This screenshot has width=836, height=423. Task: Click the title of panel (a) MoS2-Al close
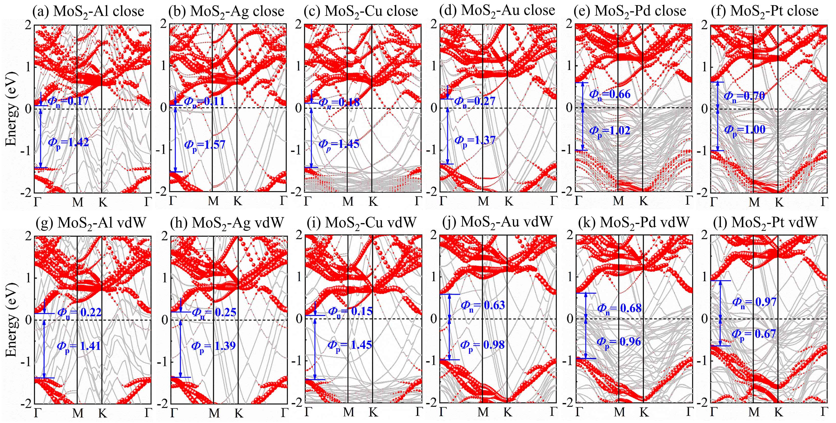tap(88, 12)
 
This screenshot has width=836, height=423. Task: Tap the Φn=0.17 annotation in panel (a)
tap(68, 101)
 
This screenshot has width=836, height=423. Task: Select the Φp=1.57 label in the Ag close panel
tap(205, 145)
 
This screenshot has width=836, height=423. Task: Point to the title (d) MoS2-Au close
tap(497, 10)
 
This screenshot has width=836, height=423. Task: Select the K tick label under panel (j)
tap(508, 412)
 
